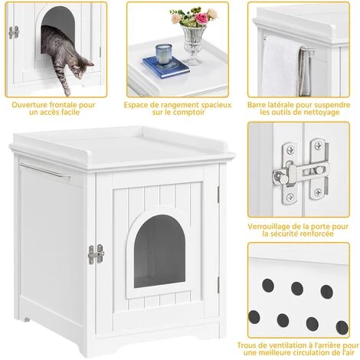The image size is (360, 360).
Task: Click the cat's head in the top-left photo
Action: (82, 67)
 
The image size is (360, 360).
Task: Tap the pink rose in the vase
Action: (201, 18)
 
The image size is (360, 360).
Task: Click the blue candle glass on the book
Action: (164, 54)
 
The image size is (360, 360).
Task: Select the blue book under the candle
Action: (166, 67)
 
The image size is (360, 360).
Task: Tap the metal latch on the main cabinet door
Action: (96, 254)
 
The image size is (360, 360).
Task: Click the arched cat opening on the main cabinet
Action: (159, 251)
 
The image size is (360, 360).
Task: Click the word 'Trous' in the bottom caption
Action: (247, 345)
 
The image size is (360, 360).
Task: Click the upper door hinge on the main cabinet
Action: (218, 195)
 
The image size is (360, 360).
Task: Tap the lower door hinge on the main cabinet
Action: (218, 285)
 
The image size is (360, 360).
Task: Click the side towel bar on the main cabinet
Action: (45, 170)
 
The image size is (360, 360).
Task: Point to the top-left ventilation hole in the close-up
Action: (268, 285)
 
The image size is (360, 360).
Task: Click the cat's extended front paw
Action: (67, 91)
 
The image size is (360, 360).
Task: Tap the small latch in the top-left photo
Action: (14, 32)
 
